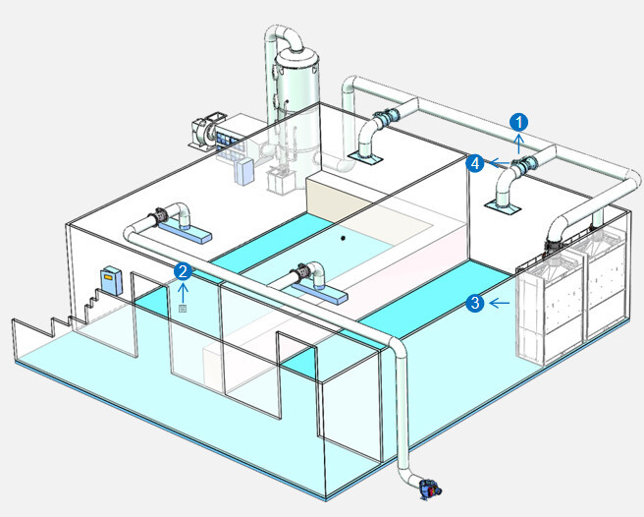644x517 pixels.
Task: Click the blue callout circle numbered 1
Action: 519,121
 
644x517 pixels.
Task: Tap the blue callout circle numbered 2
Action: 182,269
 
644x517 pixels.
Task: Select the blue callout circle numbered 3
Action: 475,303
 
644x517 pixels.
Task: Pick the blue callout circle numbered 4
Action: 475,163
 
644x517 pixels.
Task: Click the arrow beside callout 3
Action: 500,303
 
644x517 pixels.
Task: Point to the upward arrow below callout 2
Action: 182,291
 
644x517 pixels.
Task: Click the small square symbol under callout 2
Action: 182,309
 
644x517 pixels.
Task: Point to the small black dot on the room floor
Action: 343,237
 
